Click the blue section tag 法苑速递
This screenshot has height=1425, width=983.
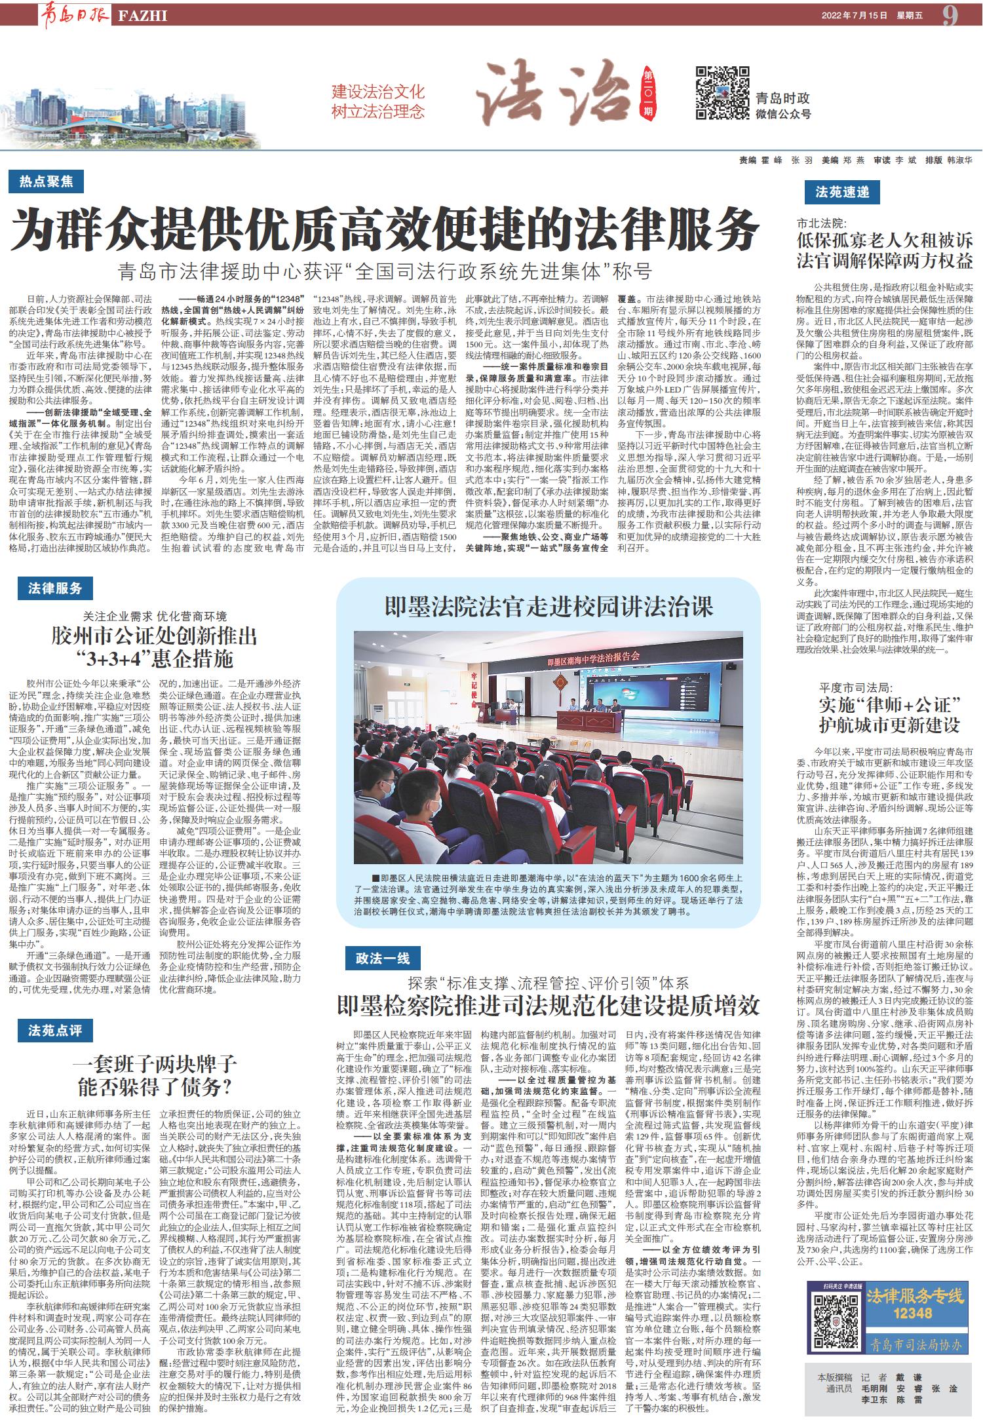(x=841, y=192)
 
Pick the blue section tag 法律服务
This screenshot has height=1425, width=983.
(x=55, y=588)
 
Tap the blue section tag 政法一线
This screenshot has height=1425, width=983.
(x=383, y=959)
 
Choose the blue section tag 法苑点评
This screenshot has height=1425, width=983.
(x=55, y=1031)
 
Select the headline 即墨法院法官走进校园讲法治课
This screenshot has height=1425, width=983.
(x=549, y=607)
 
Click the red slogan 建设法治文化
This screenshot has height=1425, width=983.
(x=378, y=92)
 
